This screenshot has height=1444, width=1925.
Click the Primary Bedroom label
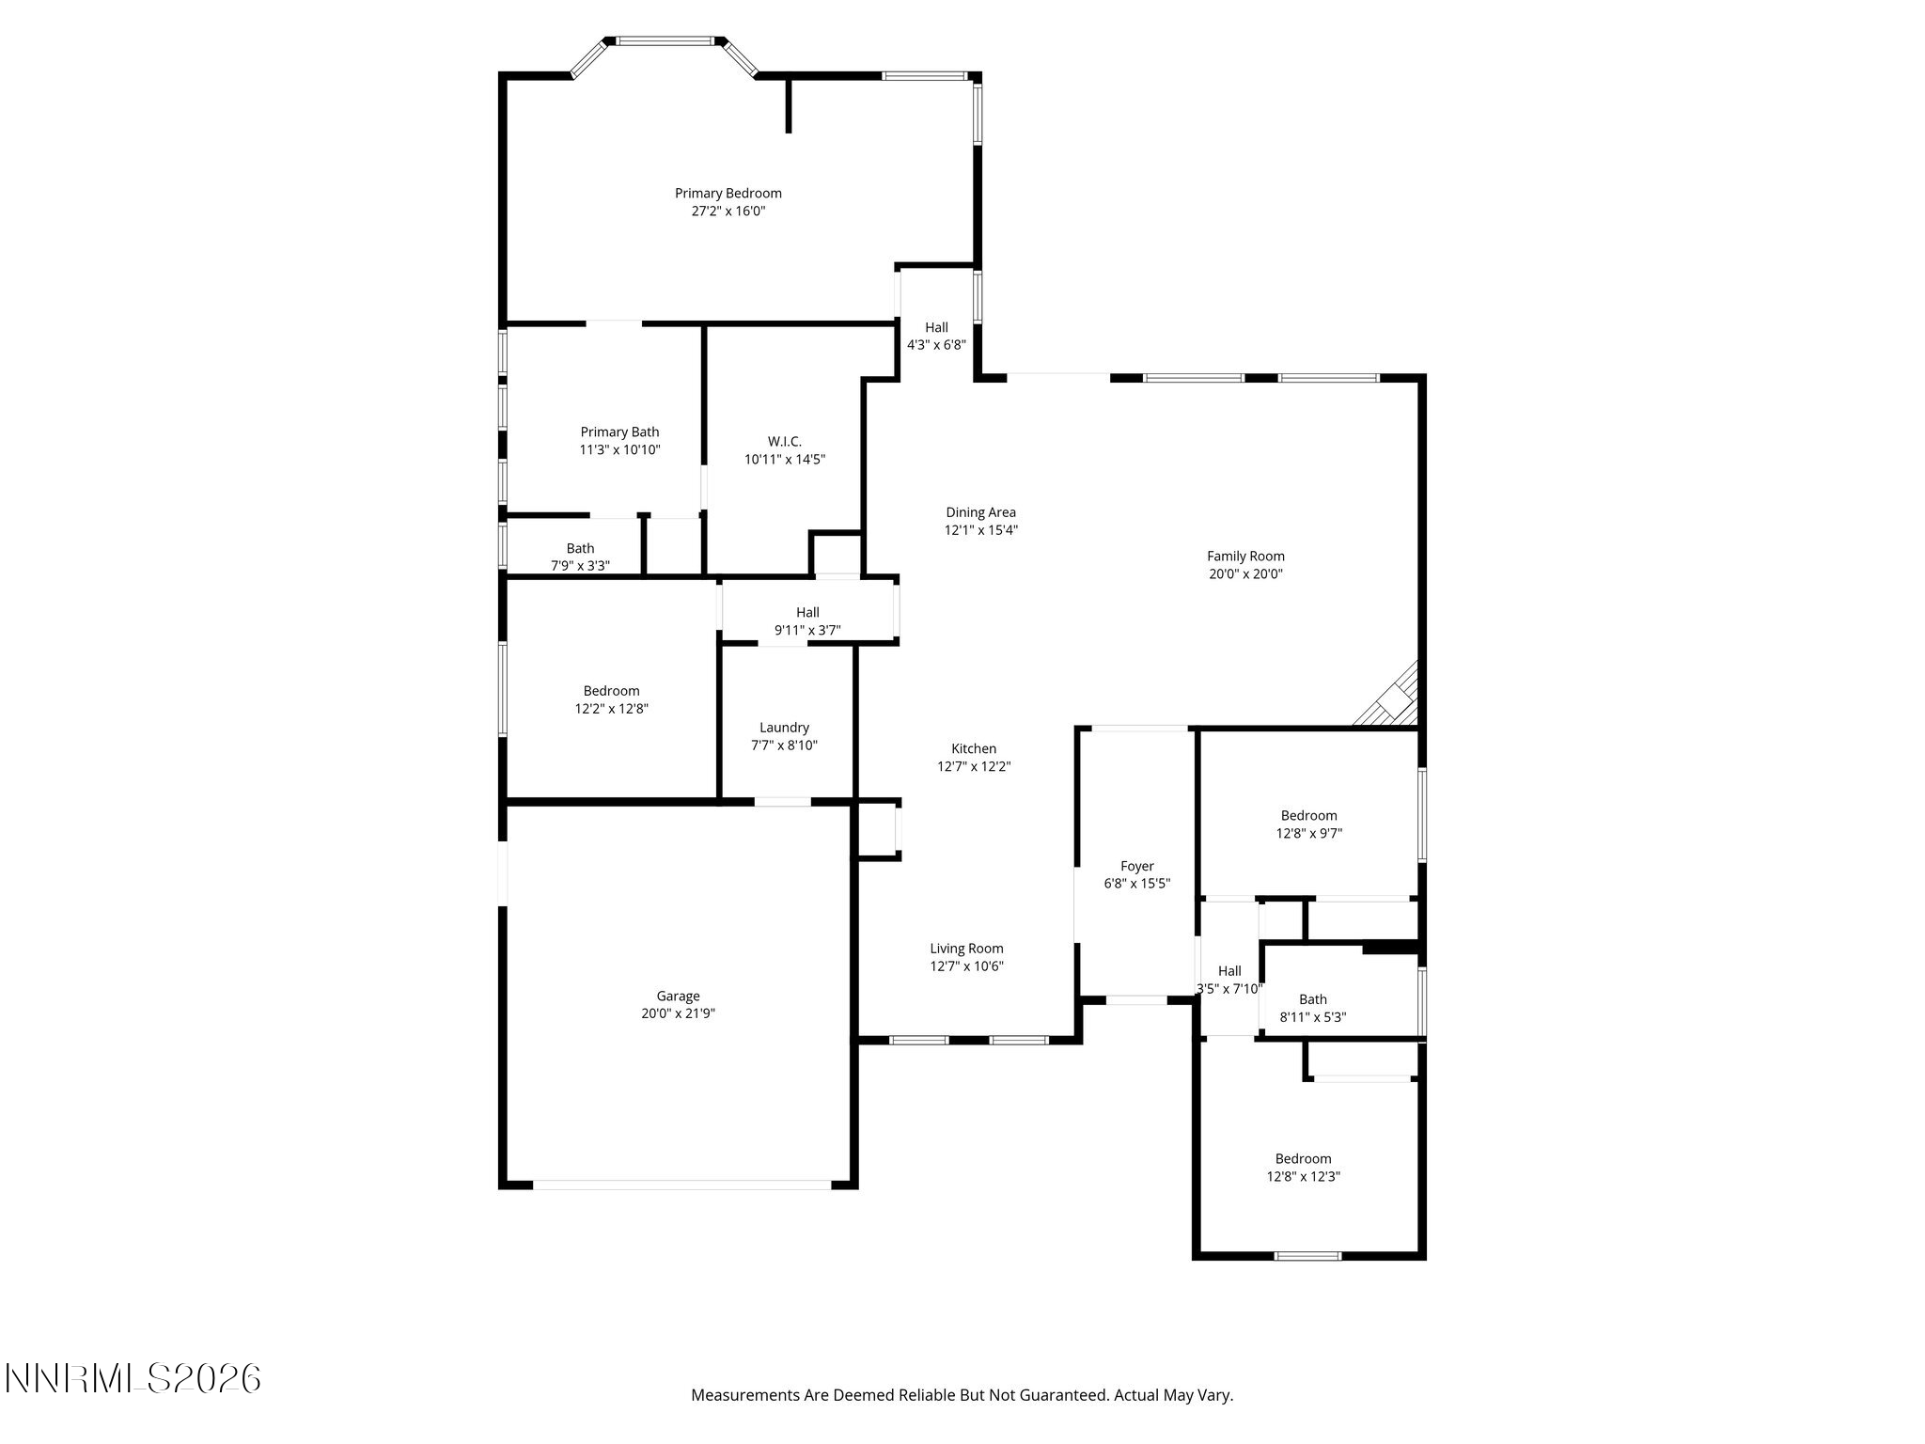tap(728, 194)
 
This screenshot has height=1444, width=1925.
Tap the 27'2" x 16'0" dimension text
tap(728, 212)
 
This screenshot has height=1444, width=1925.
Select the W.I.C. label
tap(785, 442)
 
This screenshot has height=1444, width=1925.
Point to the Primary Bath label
tap(619, 432)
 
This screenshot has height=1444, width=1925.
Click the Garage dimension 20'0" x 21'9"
tap(678, 1013)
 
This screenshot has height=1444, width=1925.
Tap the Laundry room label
tap(784, 728)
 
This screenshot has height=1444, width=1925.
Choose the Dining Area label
tap(980, 512)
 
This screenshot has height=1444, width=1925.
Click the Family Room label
tap(1245, 557)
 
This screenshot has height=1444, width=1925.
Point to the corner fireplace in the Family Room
tap(1388, 697)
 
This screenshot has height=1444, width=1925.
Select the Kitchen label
tap(974, 749)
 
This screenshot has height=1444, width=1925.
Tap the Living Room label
tap(966, 949)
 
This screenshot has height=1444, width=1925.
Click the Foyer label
tap(1136, 867)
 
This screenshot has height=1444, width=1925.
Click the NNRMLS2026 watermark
tap(133, 1379)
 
